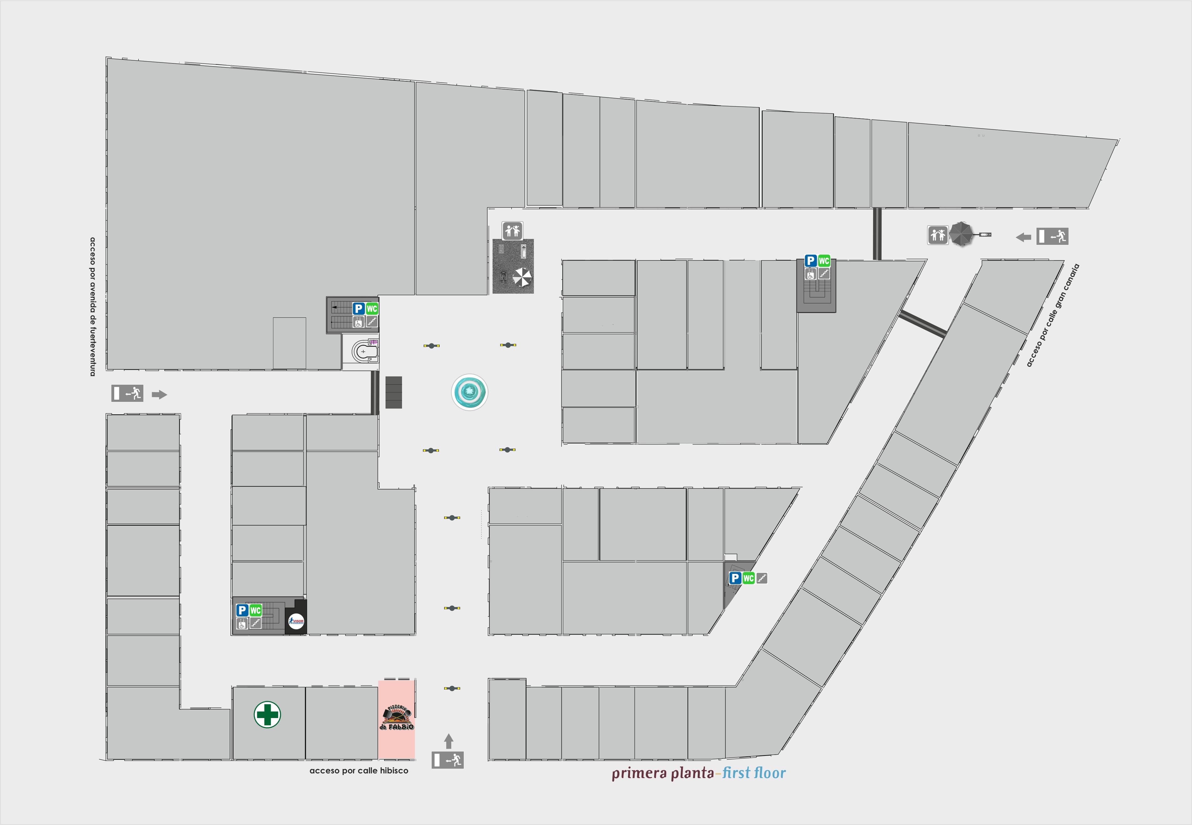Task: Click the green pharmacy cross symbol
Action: [x=267, y=715]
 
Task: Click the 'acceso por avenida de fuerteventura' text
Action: [x=93, y=306]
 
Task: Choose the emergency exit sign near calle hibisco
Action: [x=448, y=760]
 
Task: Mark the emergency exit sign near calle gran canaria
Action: [x=1052, y=236]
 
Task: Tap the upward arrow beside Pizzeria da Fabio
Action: [x=448, y=741]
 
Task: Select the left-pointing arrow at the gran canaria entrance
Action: [x=1023, y=237]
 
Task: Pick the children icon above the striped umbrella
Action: [x=512, y=230]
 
